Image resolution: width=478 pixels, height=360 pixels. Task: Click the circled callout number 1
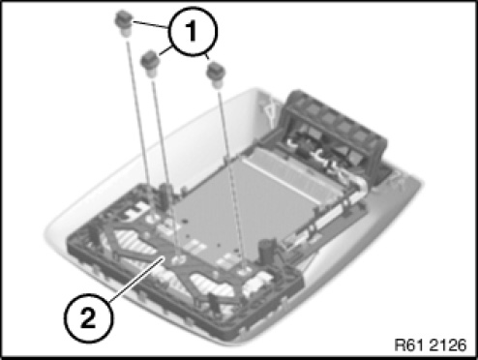[x=193, y=32]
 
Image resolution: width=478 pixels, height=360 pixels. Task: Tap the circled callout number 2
[x=88, y=317]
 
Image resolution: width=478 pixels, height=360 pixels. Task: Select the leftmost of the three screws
[x=124, y=23]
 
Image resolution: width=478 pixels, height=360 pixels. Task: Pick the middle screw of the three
[x=150, y=64]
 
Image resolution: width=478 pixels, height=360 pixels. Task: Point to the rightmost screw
[x=216, y=75]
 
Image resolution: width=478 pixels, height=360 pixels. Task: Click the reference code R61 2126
[x=431, y=345]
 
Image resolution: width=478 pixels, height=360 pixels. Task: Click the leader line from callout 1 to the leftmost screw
[x=150, y=25]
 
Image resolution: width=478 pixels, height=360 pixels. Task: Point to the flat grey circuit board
[x=245, y=206]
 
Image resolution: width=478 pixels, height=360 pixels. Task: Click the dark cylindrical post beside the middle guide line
[x=165, y=195]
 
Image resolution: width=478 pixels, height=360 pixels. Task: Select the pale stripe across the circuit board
[x=280, y=178]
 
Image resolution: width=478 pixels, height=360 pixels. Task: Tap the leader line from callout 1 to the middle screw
[x=164, y=51]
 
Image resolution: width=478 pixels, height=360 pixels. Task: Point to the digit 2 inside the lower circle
[x=88, y=317]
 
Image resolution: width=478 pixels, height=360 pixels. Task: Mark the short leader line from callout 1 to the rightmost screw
[x=207, y=57]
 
